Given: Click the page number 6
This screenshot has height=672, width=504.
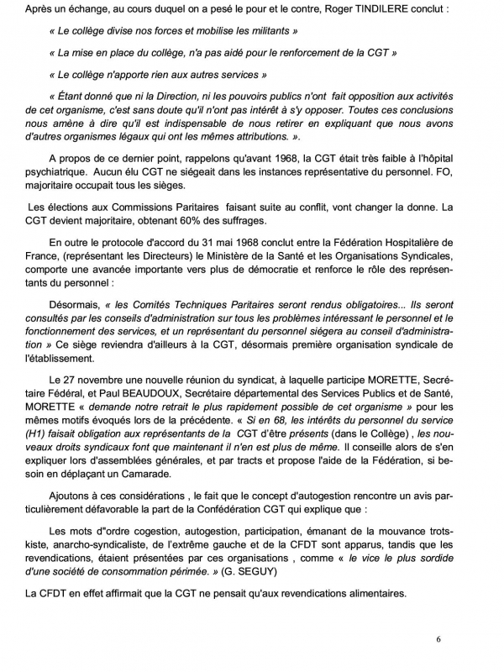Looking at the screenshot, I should [x=438, y=639].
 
